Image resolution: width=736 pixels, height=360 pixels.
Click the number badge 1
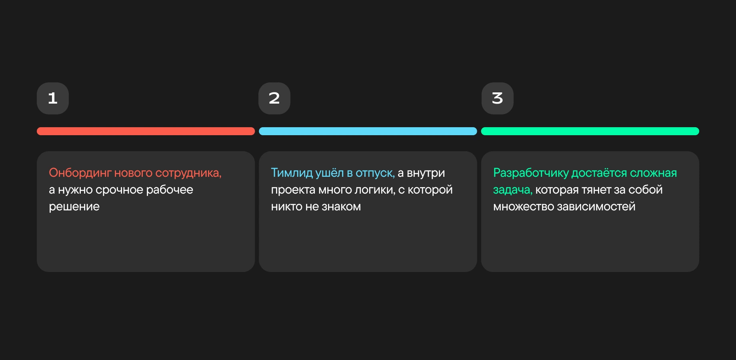point(53,98)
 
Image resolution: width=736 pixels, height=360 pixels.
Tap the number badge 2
point(274,98)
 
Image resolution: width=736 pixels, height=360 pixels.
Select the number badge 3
point(498,98)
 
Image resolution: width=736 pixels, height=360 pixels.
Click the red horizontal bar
point(146,131)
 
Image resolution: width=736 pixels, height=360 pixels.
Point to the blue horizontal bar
point(368,131)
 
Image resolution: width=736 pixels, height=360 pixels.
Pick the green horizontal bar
point(590,131)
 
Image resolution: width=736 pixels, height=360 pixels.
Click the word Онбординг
point(80,173)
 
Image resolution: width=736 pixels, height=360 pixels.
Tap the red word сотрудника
point(188,173)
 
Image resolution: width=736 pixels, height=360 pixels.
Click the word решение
point(74,207)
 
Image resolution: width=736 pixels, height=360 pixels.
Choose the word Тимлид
point(292,173)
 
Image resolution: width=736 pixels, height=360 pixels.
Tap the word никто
point(287,207)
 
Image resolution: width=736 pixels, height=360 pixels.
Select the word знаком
point(341,207)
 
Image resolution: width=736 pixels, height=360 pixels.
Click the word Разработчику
point(531,173)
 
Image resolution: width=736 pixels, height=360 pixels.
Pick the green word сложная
point(654,173)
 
